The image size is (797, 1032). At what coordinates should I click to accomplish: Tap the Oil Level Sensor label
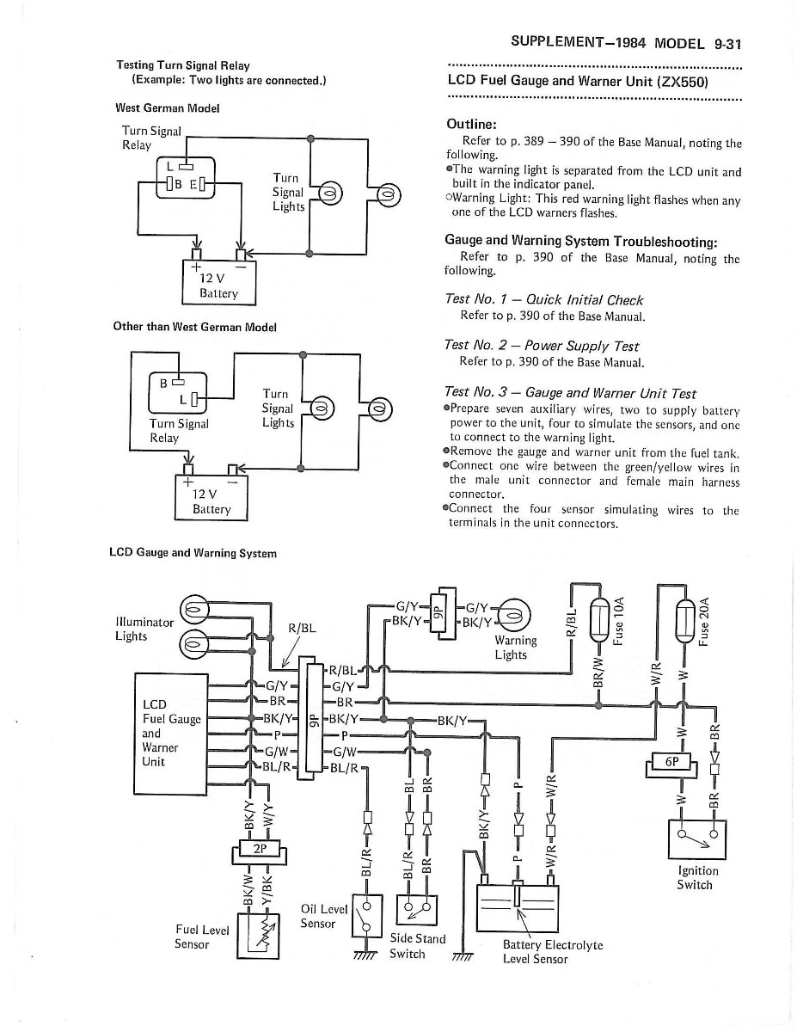(322, 917)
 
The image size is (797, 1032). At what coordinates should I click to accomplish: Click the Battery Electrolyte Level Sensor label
(552, 951)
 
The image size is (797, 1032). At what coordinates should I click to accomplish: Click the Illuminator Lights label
(144, 629)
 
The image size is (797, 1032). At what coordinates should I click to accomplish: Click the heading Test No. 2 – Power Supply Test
(542, 346)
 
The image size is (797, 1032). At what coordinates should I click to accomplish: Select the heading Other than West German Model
(194, 327)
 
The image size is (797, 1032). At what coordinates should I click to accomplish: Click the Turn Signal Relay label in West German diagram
(151, 138)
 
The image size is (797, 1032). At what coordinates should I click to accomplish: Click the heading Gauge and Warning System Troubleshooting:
(581, 240)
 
